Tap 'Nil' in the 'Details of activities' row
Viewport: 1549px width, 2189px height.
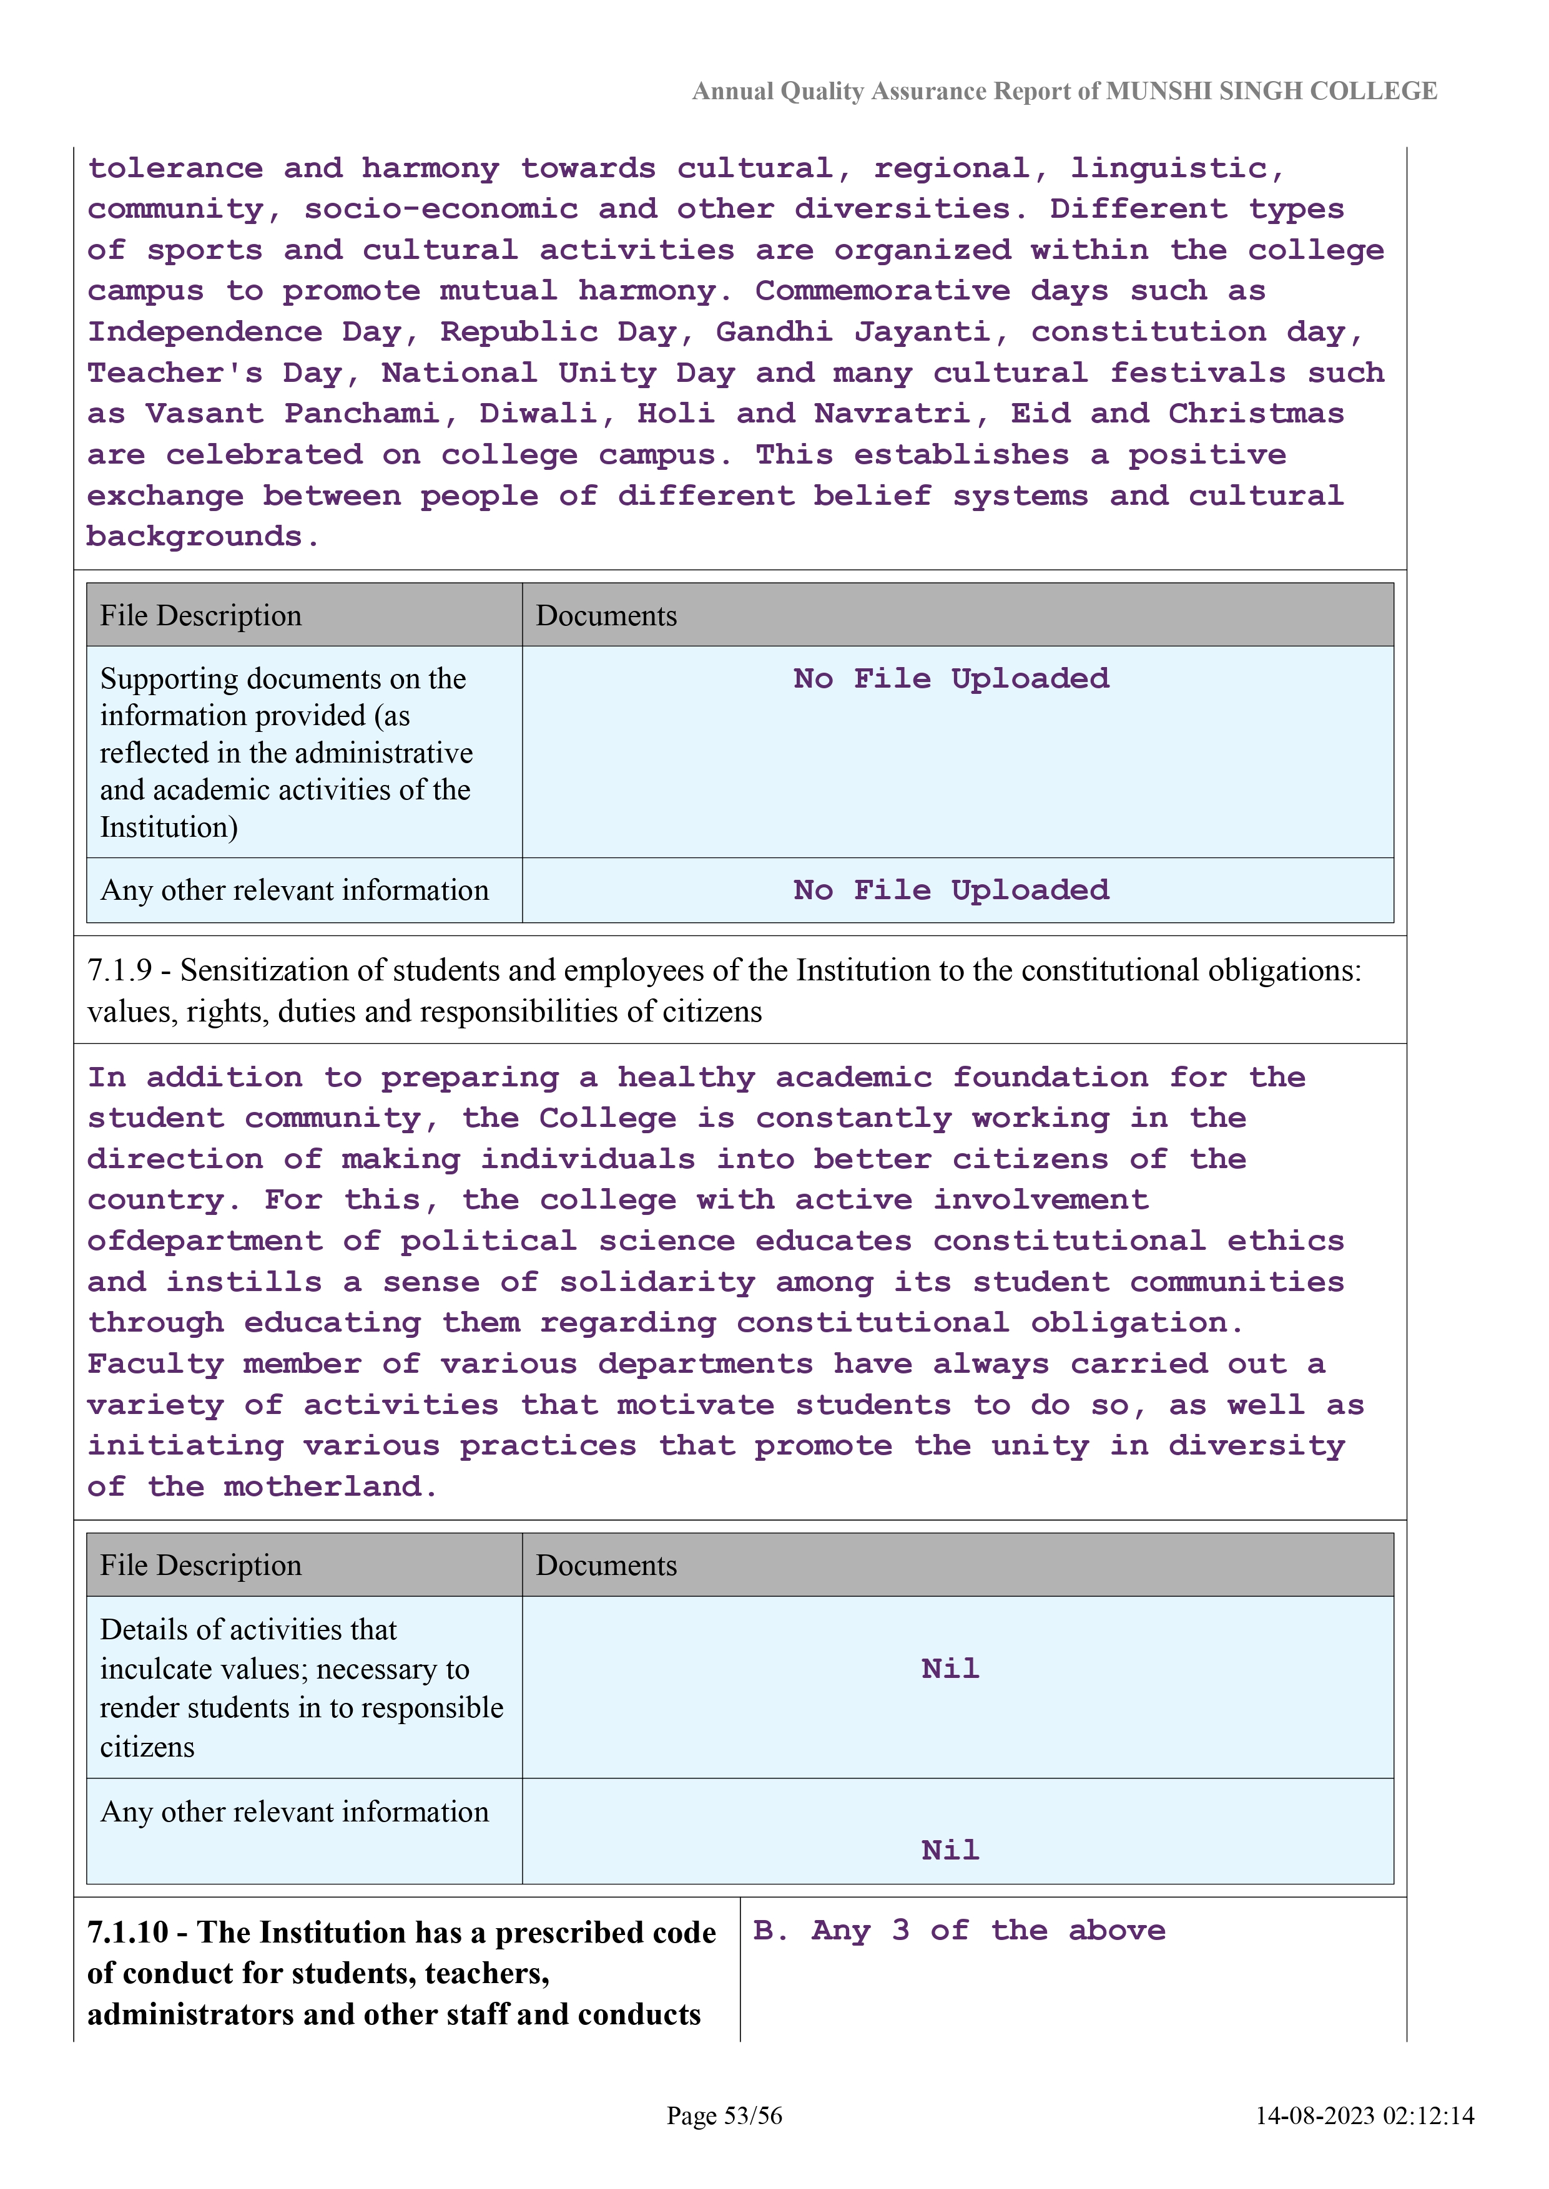[x=950, y=1669]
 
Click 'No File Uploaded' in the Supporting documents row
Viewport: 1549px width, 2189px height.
[x=951, y=679]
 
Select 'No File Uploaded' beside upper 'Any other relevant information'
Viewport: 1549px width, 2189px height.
[x=951, y=890]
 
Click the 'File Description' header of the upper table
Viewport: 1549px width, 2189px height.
[x=200, y=616]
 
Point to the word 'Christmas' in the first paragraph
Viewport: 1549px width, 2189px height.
[x=1256, y=414]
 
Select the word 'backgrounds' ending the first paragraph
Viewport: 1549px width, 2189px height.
[x=195, y=537]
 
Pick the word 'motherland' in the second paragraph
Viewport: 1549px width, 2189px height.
[x=323, y=1487]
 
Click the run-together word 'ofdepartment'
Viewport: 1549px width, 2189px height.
[x=205, y=1241]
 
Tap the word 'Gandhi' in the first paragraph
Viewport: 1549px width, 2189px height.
[x=774, y=332]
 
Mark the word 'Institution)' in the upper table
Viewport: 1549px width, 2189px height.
[x=169, y=827]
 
